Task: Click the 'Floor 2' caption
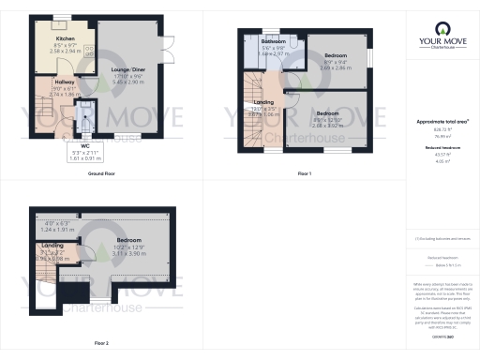tap(100, 342)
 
